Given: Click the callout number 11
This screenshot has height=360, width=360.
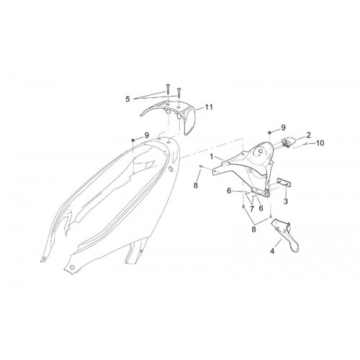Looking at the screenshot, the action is (x=209, y=107).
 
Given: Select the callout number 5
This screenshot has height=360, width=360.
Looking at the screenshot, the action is (x=127, y=99).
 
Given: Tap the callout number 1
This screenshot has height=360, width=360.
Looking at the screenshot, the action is (x=212, y=157).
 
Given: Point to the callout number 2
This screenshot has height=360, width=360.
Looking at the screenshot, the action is (x=308, y=135).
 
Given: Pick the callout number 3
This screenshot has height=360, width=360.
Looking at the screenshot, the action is (x=286, y=201).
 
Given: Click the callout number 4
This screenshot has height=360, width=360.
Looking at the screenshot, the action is (x=272, y=251).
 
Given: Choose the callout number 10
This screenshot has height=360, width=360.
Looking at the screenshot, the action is (x=320, y=143).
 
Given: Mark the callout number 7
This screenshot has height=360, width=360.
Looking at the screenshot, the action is (x=252, y=209).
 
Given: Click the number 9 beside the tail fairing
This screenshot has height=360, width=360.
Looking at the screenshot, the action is (x=147, y=135).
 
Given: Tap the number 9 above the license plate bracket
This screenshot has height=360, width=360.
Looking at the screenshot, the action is (x=283, y=127).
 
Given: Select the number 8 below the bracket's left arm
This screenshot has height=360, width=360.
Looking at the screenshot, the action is (x=196, y=185).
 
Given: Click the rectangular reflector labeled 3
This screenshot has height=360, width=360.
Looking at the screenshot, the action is (x=283, y=183).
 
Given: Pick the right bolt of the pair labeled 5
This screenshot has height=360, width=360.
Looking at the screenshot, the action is (x=179, y=93).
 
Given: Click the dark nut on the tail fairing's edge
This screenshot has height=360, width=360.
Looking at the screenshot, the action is (x=132, y=140).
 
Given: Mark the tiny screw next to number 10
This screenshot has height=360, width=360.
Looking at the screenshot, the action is (x=307, y=143).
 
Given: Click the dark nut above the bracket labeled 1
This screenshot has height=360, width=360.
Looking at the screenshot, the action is (x=269, y=132).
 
